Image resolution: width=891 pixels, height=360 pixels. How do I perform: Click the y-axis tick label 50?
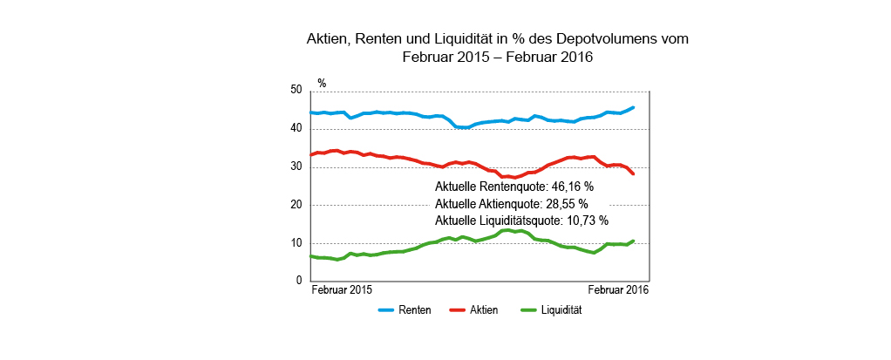pos(296,91)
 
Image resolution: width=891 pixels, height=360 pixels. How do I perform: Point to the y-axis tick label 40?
pos(296,129)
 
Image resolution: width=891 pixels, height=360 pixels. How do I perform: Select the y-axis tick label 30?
pos(296,167)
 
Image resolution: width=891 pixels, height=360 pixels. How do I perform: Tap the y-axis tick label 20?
pos(296,205)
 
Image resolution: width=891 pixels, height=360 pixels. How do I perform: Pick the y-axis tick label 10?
pos(296,243)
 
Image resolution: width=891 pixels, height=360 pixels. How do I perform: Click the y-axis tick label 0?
pos(298,281)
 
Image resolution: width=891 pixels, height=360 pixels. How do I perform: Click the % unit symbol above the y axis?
pos(322,84)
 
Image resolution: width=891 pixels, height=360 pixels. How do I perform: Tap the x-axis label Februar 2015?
pos(342,290)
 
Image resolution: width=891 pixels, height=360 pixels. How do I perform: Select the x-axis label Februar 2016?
pos(619,290)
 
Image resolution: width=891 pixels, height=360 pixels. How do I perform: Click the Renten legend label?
pos(414,310)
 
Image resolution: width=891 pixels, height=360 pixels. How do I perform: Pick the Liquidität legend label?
pos(561,310)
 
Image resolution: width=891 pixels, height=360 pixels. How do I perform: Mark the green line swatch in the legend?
pos(528,310)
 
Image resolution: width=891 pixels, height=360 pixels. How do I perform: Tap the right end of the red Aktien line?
pos(633,174)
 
